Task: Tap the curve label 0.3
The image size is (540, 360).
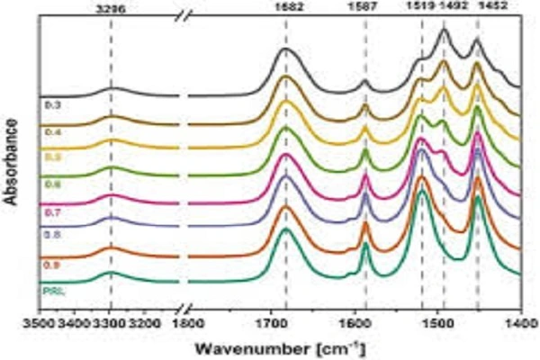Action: coord(49,105)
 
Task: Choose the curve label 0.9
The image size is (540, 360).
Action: coord(49,264)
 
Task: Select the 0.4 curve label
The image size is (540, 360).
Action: coord(49,131)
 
